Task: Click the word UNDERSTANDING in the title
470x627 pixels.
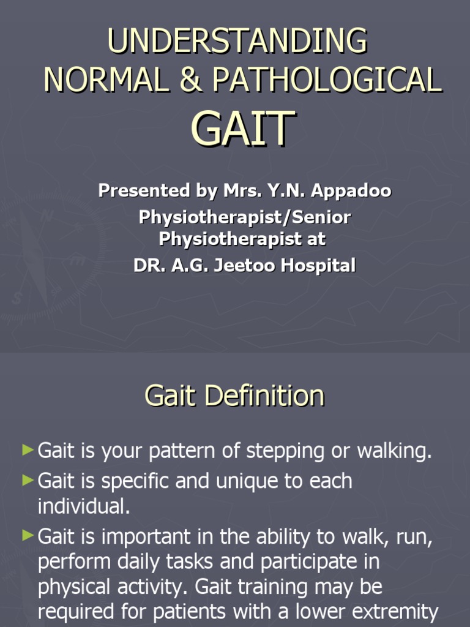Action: click(237, 42)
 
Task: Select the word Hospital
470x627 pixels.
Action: click(321, 266)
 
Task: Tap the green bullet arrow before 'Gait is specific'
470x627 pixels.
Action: click(27, 481)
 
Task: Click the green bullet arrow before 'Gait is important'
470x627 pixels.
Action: click(27, 536)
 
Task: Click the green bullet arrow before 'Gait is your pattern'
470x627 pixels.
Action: click(27, 451)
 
